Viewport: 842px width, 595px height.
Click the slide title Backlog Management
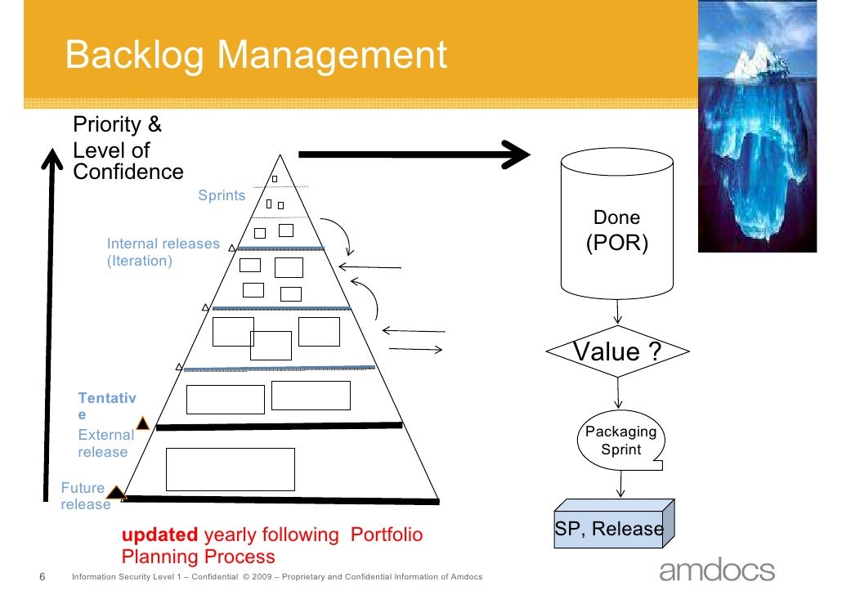(256, 56)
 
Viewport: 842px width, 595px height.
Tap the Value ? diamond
(617, 352)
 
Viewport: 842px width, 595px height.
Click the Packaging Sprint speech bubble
(621, 441)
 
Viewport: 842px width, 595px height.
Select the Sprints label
(222, 195)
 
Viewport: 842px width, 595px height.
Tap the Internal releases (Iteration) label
(163, 253)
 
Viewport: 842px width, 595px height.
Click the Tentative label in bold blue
(107, 406)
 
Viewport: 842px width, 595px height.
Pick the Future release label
(85, 496)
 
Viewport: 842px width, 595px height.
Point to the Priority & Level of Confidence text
(128, 149)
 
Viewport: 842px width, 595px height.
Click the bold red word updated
(159, 535)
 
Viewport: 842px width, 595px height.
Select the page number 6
(43, 577)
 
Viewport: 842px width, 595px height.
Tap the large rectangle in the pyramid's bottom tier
(230, 468)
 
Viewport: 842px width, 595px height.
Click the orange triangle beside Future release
(116, 493)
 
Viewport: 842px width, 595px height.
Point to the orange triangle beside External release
(142, 423)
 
